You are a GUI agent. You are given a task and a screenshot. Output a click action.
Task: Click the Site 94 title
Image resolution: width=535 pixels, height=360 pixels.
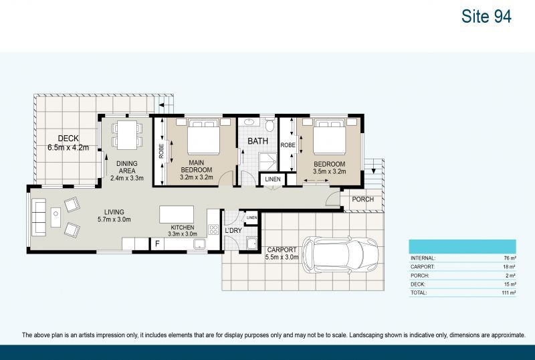click(486, 17)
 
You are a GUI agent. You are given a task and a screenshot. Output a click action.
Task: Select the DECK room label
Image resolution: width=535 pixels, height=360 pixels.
click(68, 139)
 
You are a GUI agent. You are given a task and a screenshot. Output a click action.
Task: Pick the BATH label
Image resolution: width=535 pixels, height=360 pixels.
click(259, 142)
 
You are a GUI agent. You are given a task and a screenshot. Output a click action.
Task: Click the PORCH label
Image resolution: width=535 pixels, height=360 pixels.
click(363, 199)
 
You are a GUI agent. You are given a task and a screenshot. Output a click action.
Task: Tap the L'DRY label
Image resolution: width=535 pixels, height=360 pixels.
click(233, 231)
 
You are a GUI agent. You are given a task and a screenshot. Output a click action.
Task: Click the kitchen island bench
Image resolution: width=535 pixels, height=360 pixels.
click(177, 215)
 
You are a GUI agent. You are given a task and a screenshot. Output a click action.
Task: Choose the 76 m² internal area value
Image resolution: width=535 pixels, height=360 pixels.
click(510, 258)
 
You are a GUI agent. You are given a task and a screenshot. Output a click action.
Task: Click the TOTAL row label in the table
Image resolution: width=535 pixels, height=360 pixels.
click(421, 293)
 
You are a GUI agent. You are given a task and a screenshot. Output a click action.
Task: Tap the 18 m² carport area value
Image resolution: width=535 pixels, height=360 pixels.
click(510, 266)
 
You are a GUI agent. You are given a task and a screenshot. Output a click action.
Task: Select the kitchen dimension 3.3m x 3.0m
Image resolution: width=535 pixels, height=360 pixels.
click(182, 234)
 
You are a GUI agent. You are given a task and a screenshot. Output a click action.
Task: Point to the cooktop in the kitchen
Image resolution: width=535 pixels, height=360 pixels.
click(214, 230)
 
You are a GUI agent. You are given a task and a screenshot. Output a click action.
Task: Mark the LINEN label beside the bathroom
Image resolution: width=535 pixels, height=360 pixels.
click(273, 179)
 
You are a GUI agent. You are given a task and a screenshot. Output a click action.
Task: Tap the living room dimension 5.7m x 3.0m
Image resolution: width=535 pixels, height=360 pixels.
click(114, 219)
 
